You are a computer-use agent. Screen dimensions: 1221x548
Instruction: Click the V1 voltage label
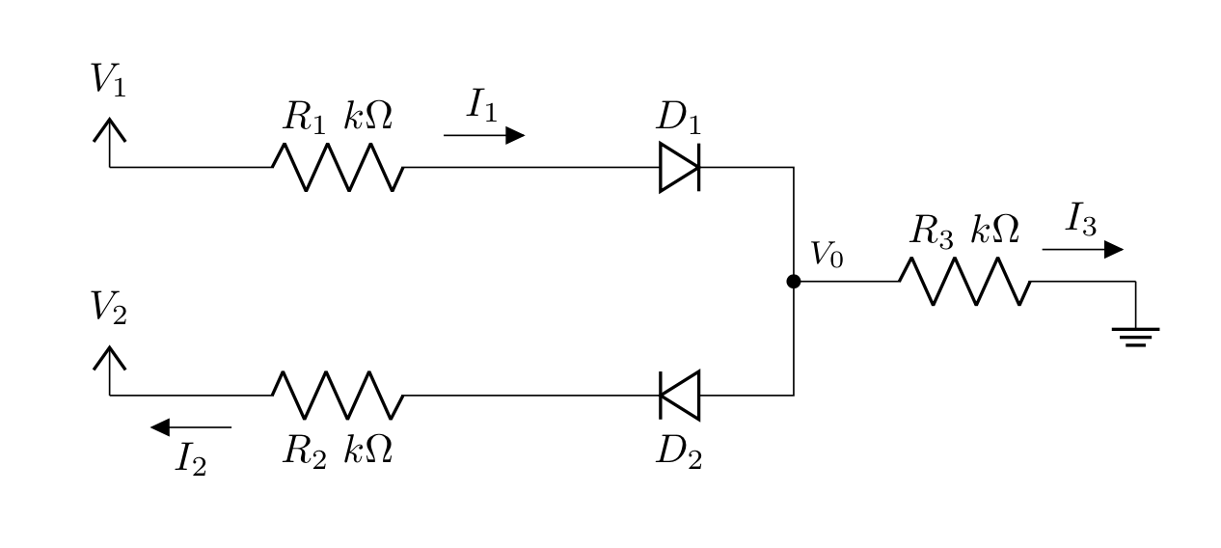[108, 80]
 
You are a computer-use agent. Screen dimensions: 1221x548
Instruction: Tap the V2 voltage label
[108, 308]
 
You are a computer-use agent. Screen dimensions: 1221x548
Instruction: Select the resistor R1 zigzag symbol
[338, 168]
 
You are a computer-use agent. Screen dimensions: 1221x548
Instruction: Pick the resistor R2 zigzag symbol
[338, 396]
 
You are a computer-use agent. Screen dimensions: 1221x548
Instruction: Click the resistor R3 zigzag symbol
[964, 282]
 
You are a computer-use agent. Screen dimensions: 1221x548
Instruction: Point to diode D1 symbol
[679, 168]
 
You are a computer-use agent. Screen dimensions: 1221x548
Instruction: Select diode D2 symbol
[679, 396]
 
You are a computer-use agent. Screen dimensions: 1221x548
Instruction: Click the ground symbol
[1135, 337]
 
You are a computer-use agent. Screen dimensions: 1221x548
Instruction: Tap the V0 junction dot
[794, 282]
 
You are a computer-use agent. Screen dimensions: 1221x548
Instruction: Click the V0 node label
[827, 255]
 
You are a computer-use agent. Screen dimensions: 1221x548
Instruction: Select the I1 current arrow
[484, 135]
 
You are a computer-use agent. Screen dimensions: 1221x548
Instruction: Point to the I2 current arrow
[191, 427]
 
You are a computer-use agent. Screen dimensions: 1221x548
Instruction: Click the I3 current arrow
[1082, 250]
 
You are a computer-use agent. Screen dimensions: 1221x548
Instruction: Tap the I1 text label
[482, 105]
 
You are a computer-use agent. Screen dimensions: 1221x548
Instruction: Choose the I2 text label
[191, 459]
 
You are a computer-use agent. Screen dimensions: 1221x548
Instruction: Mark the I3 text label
[1081, 219]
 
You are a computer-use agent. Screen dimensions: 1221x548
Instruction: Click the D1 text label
[679, 118]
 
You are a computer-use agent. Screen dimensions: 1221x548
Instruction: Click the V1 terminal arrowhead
[110, 130]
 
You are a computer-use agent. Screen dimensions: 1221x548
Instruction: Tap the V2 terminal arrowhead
[110, 358]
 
